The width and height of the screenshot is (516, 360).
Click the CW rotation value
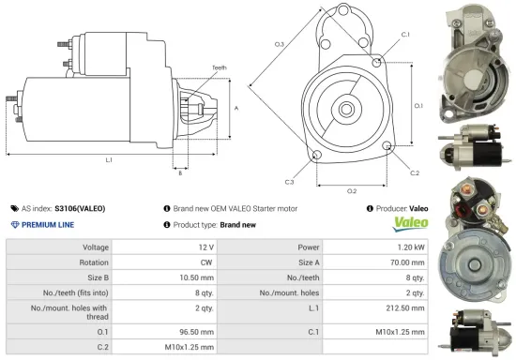tap(191, 262)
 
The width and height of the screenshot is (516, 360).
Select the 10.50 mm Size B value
tap(180, 277)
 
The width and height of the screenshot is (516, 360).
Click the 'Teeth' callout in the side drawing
tap(220, 67)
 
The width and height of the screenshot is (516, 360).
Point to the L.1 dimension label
tap(109, 160)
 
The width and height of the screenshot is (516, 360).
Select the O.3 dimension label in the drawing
tap(280, 44)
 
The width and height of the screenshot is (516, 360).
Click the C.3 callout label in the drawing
tap(290, 181)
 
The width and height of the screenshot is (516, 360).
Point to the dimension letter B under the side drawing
tap(180, 172)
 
